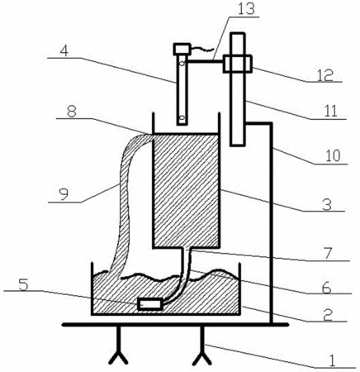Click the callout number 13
(246, 9)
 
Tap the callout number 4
(64, 51)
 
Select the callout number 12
(324, 74)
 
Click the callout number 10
(333, 156)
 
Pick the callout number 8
(72, 112)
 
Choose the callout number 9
(64, 195)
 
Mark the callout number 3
(327, 204)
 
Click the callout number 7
(328, 254)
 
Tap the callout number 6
(327, 287)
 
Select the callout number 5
(23, 284)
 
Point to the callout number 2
(328, 315)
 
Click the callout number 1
(333, 360)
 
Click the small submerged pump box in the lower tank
(150, 304)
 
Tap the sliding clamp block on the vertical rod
(237, 64)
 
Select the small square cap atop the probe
(182, 49)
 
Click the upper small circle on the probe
(182, 64)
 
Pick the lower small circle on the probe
(182, 118)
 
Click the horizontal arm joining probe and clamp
(206, 61)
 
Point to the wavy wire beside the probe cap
(202, 50)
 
